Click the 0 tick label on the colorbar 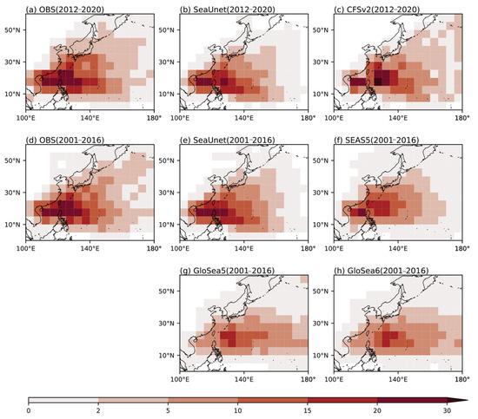point(29,409)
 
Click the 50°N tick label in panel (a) point(15,30)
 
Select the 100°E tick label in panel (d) point(26,249)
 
